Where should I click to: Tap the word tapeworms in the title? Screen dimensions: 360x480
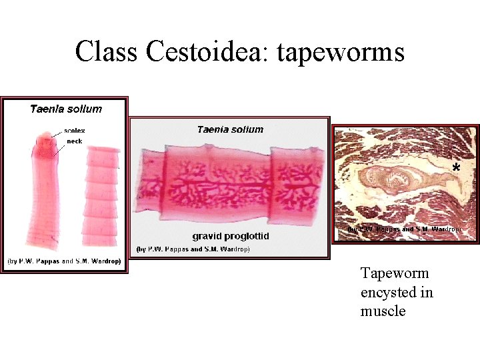point(341,51)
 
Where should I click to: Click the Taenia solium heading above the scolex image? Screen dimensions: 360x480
point(65,109)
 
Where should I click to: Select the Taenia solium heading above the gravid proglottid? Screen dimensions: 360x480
point(230,129)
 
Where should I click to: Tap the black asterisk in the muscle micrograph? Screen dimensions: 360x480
point(456,168)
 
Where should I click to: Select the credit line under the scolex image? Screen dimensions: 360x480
point(64,261)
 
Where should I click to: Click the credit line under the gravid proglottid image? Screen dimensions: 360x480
point(193,249)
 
